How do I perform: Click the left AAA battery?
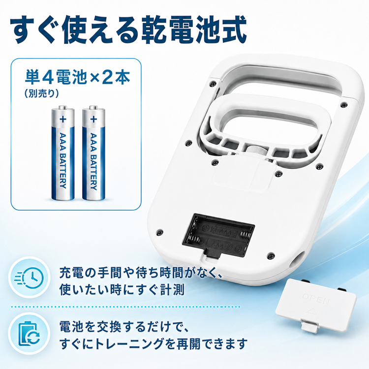pos(63,153)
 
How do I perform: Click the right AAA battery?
pos(93,153)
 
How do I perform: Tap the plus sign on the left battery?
pos(63,119)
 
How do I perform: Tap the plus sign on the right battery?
pos(93,119)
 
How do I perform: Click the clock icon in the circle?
pos(30,277)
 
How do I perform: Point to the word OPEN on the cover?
pos(315,299)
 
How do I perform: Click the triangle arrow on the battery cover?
pos(311,311)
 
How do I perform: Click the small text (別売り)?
pos(41,93)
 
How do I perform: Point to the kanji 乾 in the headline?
pos(154,30)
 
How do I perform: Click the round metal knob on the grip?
pos(255,150)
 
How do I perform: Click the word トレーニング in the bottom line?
pos(128,344)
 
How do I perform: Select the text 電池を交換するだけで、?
pos(123,327)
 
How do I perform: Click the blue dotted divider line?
pos(125,307)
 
